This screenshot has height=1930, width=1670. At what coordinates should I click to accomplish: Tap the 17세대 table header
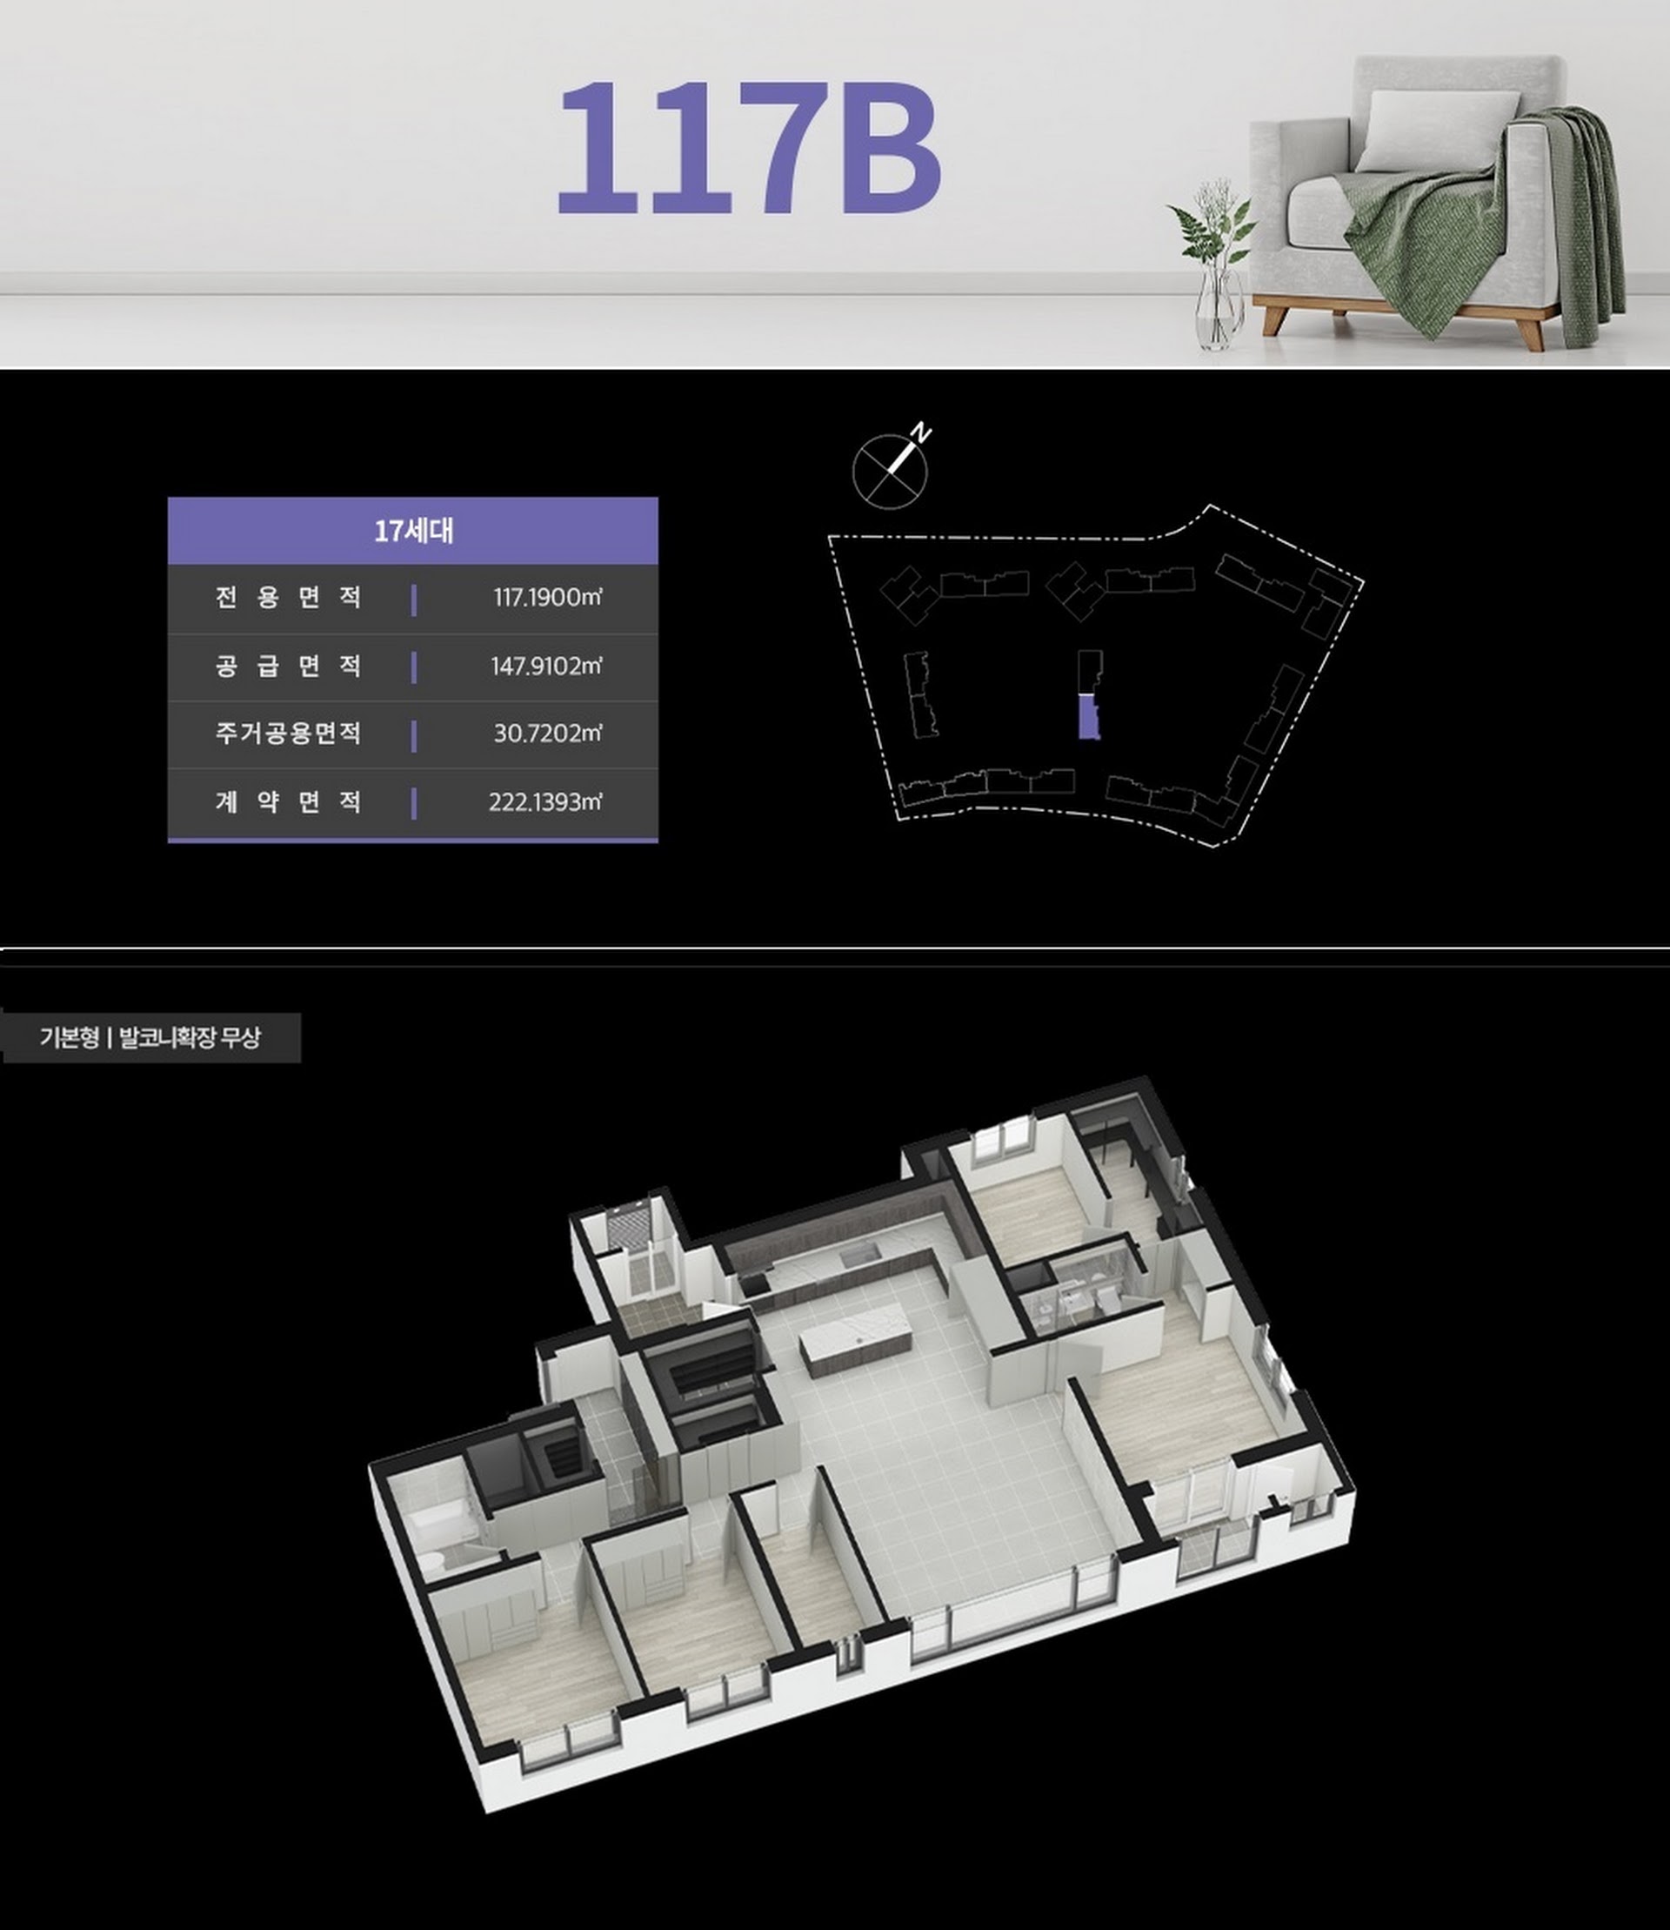click(x=413, y=532)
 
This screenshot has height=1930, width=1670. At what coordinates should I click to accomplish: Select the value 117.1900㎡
click(x=547, y=598)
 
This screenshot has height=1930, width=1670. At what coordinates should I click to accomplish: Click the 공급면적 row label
click(x=288, y=666)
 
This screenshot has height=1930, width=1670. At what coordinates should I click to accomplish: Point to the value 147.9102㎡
click(x=546, y=666)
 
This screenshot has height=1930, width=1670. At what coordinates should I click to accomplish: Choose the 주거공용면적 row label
click(x=288, y=734)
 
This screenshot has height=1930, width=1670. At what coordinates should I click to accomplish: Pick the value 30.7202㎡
click(x=548, y=734)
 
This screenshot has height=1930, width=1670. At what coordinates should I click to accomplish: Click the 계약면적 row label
click(x=288, y=801)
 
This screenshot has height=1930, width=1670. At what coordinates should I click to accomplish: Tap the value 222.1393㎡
click(x=545, y=801)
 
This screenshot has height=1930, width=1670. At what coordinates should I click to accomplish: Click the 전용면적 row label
click(x=288, y=598)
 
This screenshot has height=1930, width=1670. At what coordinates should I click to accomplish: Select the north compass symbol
click(x=892, y=471)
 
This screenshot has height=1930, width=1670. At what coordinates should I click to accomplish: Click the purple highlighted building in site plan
click(x=1088, y=718)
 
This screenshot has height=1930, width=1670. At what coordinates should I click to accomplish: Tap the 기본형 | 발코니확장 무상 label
click(x=150, y=1038)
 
